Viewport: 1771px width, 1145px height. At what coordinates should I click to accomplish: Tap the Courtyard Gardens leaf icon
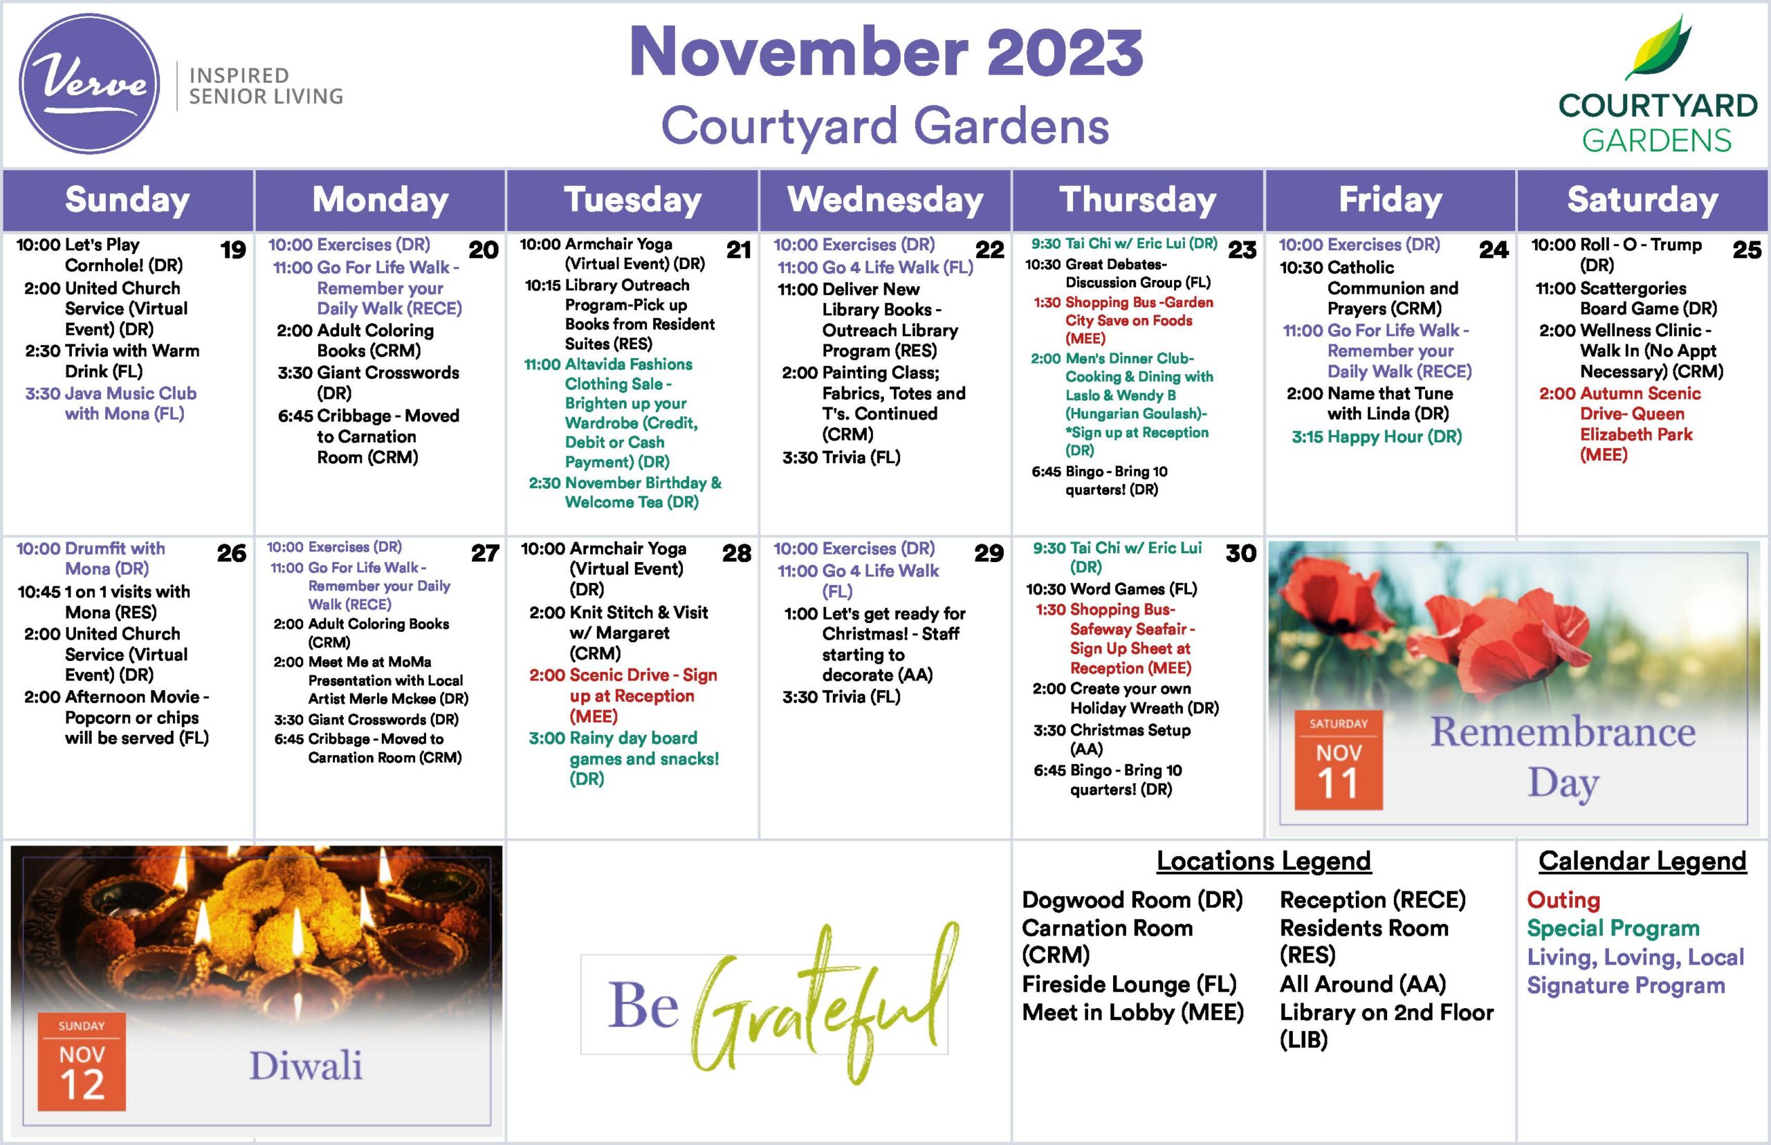pyautogui.click(x=1659, y=48)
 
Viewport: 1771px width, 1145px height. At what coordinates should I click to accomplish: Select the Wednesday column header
pyautogui.click(x=885, y=200)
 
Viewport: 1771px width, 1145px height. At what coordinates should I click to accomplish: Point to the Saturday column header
pyautogui.click(x=1642, y=200)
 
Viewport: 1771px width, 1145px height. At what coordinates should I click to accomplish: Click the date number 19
pyautogui.click(x=233, y=250)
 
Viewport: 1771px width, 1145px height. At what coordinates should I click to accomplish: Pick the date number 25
pyautogui.click(x=1747, y=250)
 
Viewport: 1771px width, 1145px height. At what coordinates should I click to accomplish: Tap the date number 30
pyautogui.click(x=1240, y=553)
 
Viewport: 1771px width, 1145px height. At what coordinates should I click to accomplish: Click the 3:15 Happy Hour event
pyautogui.click(x=1377, y=436)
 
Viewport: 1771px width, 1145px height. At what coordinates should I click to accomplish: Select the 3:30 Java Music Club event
pyautogui.click(x=111, y=403)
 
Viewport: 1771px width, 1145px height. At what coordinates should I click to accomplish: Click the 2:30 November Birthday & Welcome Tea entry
pyautogui.click(x=625, y=492)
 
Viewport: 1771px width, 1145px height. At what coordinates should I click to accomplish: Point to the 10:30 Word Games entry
pyautogui.click(x=1111, y=589)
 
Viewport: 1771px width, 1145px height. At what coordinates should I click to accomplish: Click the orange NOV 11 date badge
pyautogui.click(x=1338, y=761)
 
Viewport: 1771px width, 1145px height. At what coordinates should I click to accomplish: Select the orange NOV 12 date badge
pyautogui.click(x=82, y=1062)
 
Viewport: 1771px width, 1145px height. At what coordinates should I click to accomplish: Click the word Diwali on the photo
pyautogui.click(x=306, y=1065)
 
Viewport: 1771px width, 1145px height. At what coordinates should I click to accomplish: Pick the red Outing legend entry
pyautogui.click(x=1563, y=900)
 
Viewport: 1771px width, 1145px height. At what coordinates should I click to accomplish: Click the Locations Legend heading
pyautogui.click(x=1264, y=861)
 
